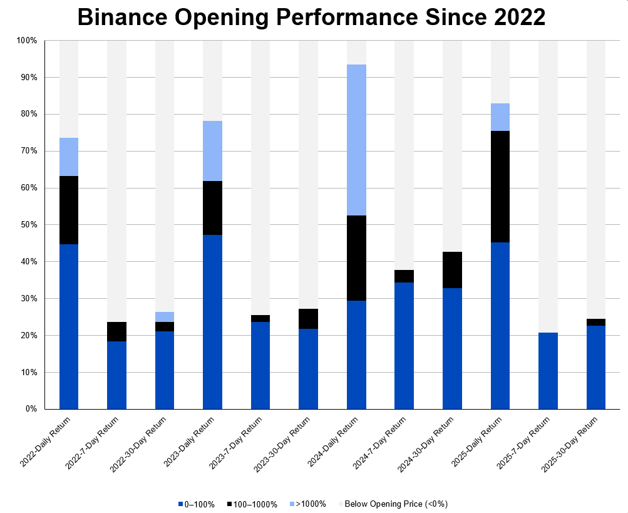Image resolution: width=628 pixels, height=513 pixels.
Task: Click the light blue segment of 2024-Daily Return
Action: tap(356, 140)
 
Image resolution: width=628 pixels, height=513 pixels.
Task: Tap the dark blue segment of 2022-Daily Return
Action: tap(69, 326)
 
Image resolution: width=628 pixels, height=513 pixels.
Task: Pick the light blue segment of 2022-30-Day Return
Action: tap(165, 317)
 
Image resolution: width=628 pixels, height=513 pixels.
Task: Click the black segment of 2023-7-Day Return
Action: tap(260, 318)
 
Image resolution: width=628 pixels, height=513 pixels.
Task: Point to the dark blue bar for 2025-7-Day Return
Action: tap(548, 371)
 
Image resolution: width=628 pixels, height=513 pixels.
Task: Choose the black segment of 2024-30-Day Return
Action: tap(452, 270)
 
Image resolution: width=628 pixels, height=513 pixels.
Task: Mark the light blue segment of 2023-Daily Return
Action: tap(212, 151)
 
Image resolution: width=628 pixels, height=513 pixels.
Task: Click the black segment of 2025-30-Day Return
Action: tap(596, 322)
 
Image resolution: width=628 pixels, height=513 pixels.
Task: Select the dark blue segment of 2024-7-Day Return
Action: tap(404, 346)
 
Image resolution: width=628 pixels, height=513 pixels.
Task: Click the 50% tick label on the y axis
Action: tap(28, 225)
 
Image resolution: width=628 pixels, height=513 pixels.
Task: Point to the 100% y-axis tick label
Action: tap(26, 41)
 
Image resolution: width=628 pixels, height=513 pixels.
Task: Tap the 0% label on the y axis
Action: tap(30, 409)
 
